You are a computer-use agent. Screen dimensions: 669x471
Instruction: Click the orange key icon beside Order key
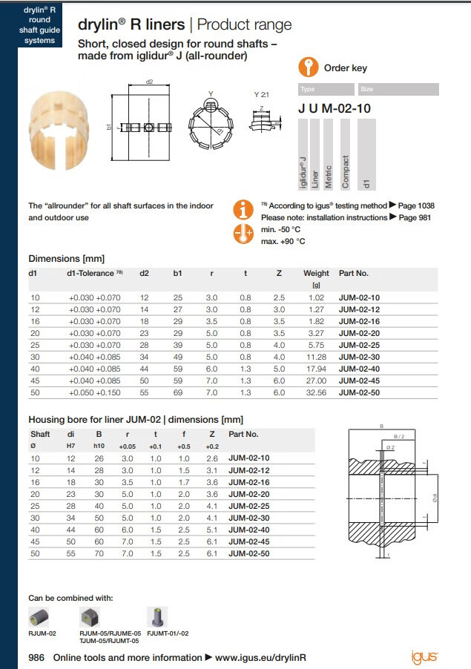(x=309, y=67)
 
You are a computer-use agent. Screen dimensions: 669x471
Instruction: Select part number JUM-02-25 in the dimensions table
(x=359, y=345)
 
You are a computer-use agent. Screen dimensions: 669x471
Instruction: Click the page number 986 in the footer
(x=38, y=658)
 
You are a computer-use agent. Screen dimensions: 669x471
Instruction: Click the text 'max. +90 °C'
(x=283, y=241)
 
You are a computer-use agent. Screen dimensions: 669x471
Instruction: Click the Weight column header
(x=316, y=274)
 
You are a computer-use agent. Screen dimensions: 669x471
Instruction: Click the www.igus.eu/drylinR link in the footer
(x=260, y=658)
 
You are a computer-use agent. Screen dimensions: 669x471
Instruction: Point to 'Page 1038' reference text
(x=417, y=205)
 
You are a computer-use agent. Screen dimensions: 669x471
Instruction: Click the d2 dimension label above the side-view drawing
(x=149, y=81)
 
